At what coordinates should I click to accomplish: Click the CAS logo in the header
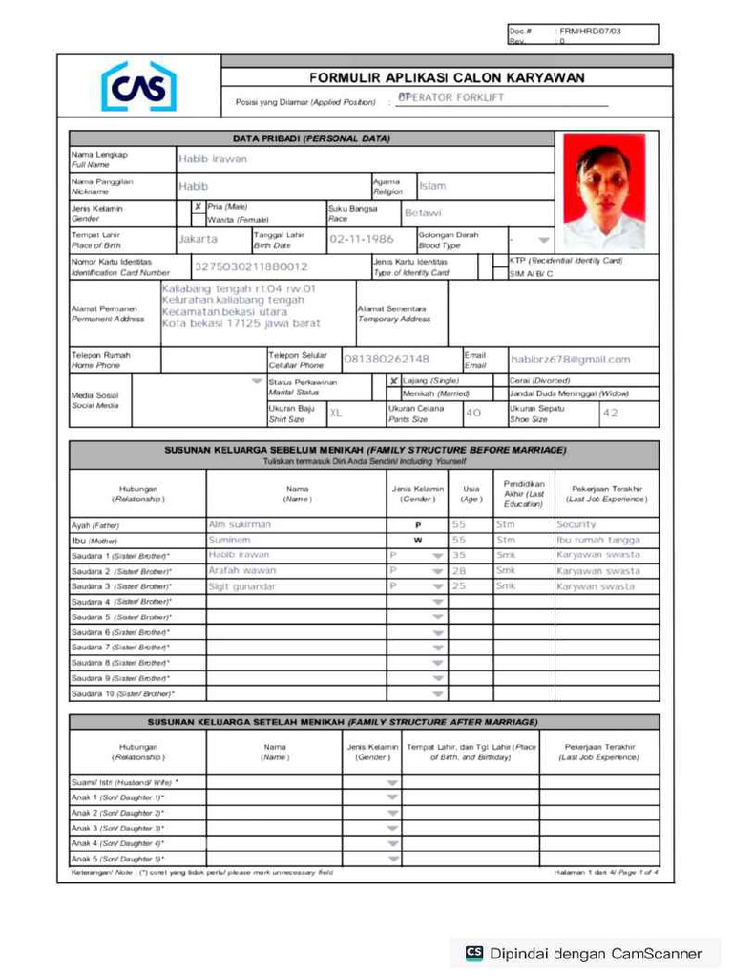[x=139, y=87]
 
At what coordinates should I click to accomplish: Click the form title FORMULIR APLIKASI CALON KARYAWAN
[x=447, y=77]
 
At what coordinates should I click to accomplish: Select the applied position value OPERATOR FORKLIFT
[x=450, y=98]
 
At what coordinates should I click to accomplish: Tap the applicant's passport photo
[x=603, y=191]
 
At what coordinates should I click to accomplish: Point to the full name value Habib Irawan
[x=212, y=159]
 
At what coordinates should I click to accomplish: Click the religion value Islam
[x=432, y=186]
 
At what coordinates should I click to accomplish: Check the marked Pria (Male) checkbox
[x=198, y=205]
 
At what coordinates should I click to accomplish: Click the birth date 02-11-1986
[x=361, y=239]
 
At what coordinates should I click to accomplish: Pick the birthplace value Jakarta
[x=199, y=239]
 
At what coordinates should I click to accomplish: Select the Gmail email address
[x=570, y=359]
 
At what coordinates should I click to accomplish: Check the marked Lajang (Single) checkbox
[x=393, y=380]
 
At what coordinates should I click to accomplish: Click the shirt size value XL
[x=336, y=413]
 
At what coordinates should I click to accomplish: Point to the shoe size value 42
[x=611, y=413]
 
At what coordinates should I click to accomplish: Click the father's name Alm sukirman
[x=240, y=524]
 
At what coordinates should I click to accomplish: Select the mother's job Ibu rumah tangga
[x=598, y=540]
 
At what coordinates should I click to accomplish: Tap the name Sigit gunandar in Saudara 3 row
[x=241, y=586]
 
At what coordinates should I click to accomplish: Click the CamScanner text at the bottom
[x=597, y=952]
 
